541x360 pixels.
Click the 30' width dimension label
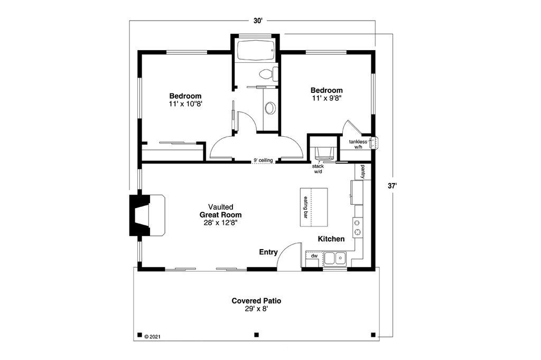point(257,21)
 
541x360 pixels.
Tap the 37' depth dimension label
point(391,186)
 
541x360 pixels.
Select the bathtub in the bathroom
point(255,51)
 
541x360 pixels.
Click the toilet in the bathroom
point(267,74)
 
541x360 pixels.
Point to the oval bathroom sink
point(270,108)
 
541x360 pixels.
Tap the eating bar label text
point(305,207)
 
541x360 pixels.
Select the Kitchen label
point(331,239)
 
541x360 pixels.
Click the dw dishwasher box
point(314,256)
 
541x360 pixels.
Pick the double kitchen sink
point(335,258)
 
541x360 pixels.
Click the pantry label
point(363,172)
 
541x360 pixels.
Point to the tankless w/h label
point(358,144)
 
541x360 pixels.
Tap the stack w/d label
point(318,169)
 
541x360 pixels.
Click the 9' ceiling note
point(263,160)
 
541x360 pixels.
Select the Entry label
point(268,252)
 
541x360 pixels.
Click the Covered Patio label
point(256,301)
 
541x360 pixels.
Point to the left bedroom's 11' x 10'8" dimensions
point(185,104)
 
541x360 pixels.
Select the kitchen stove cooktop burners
point(358,227)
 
